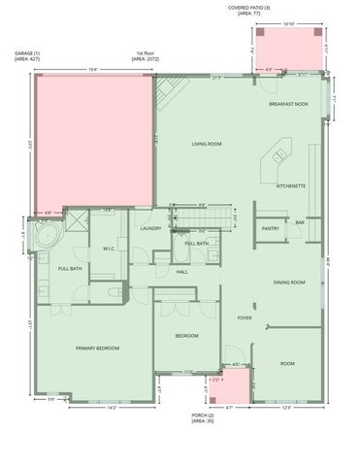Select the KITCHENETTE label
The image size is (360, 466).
[x=291, y=185]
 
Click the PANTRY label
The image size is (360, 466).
[x=271, y=229]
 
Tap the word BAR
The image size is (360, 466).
[x=300, y=222]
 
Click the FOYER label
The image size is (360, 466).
[x=245, y=317]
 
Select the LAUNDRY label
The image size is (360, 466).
[x=149, y=228]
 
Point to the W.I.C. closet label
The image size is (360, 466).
[x=110, y=248]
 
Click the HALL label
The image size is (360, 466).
[x=181, y=272]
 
